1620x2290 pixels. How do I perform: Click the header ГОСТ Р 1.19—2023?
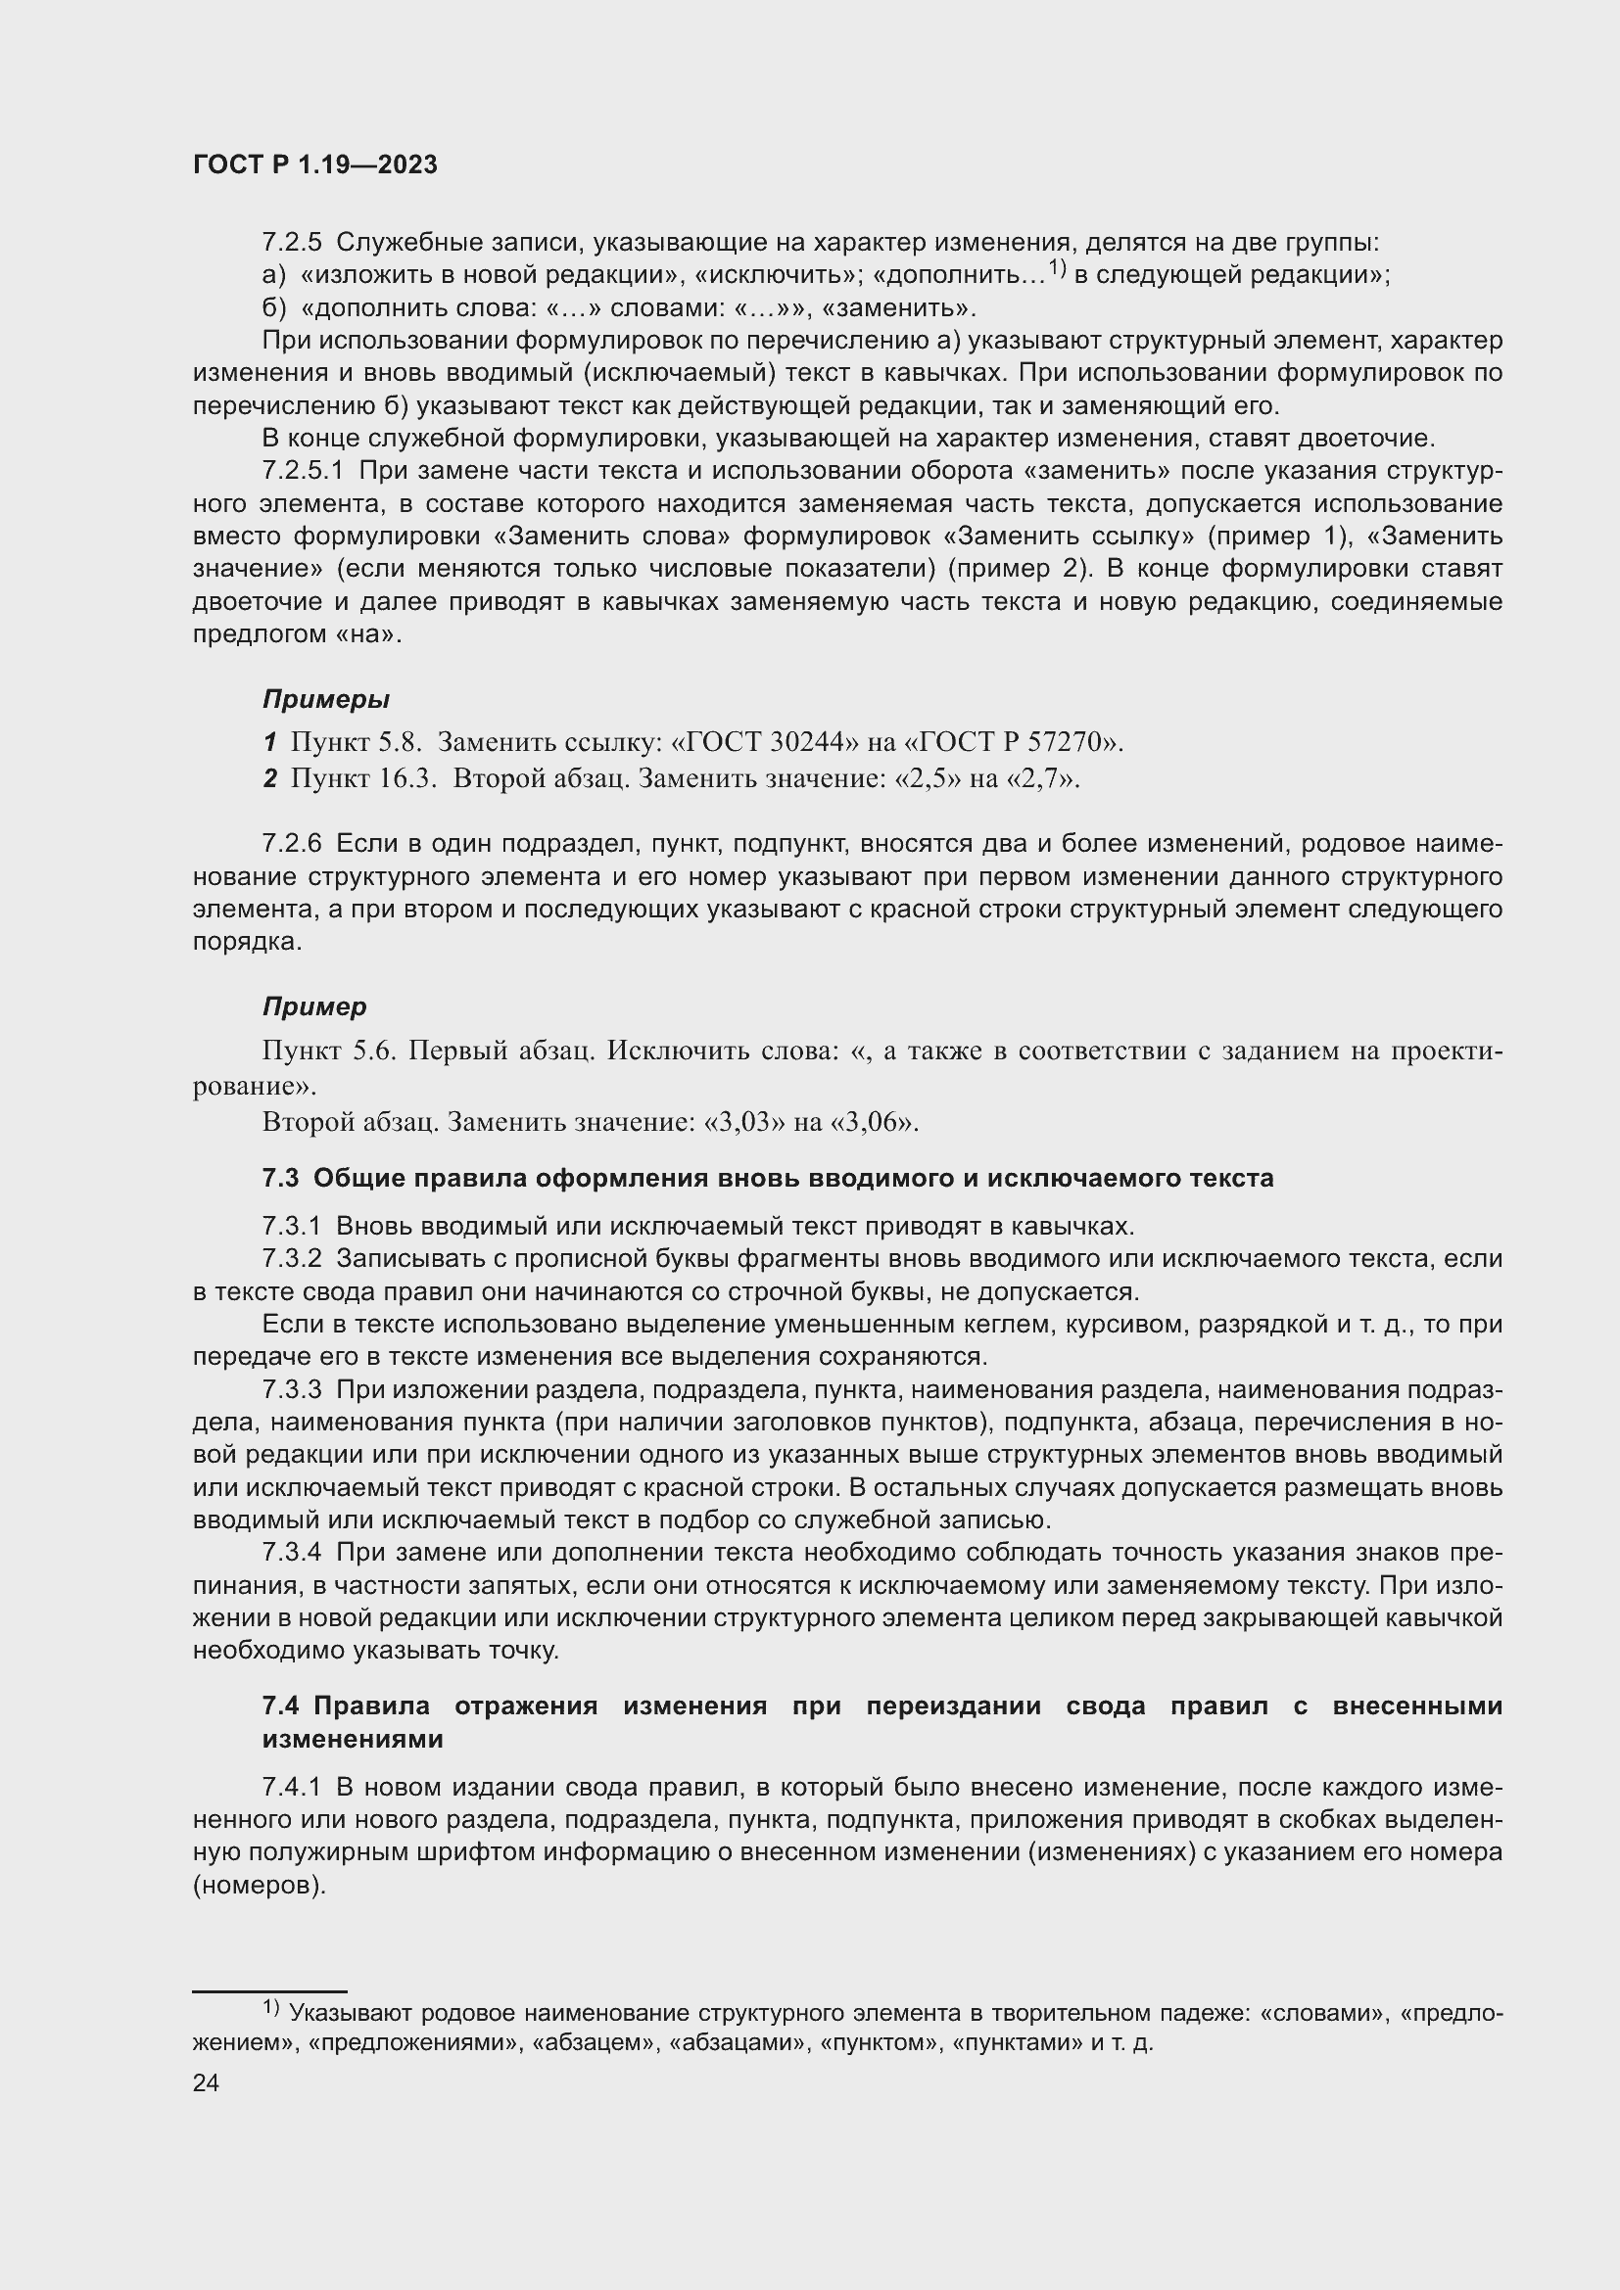point(315,165)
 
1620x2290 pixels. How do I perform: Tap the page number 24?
point(206,2082)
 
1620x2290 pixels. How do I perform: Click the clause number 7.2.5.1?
point(304,471)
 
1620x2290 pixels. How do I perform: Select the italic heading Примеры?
point(326,699)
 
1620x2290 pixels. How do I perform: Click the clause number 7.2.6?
point(292,844)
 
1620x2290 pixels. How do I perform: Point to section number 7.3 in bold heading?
point(280,1178)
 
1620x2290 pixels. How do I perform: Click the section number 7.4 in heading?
point(280,1706)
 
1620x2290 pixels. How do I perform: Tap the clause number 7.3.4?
point(292,1553)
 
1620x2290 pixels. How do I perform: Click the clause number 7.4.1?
point(292,1788)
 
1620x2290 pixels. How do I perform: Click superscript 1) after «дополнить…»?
point(1057,269)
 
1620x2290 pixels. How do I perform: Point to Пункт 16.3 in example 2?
point(363,778)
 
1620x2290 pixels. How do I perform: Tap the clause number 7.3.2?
point(292,1259)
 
